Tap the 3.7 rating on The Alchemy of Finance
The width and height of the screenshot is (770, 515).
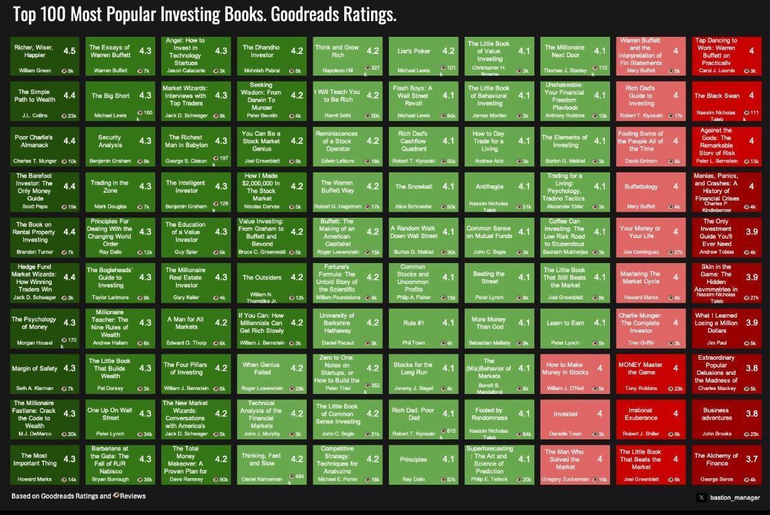tap(752, 459)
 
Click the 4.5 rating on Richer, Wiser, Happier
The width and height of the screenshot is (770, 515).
tap(69, 51)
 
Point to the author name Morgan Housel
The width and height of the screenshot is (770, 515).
tap(34, 343)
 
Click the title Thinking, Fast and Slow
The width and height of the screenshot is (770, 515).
tap(261, 459)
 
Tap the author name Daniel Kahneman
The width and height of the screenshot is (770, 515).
tap(262, 479)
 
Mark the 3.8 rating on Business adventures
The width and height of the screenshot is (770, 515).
tap(752, 414)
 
